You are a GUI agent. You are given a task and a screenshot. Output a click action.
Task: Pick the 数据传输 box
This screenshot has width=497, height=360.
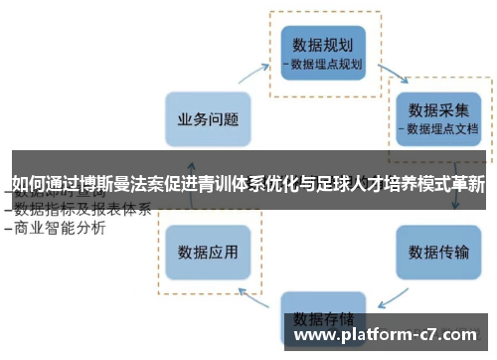[438, 251]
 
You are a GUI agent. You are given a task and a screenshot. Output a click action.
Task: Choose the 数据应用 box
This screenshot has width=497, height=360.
[208, 250]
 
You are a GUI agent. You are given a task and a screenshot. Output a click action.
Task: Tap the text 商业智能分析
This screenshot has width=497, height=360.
[62, 228]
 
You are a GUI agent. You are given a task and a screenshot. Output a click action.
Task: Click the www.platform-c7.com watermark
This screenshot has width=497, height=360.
[389, 336]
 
